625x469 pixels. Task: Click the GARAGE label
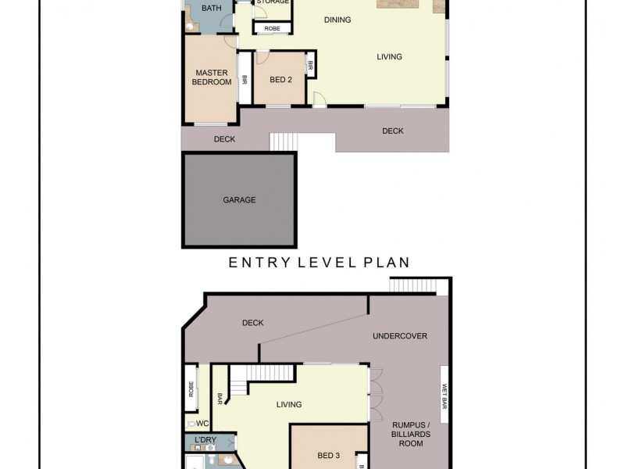239,200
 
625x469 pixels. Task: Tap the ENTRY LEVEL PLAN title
319,263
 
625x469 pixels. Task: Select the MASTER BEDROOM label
212,77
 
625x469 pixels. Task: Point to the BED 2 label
280,80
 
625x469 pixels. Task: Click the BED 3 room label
328,456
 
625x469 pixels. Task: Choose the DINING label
337,20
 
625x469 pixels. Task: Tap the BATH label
212,9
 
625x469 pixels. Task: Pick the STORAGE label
273,2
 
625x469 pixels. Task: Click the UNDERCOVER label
400,336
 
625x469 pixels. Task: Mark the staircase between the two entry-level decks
284,142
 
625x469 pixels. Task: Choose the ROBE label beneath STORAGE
272,28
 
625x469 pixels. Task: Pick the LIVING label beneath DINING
389,56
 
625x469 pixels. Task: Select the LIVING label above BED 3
288,404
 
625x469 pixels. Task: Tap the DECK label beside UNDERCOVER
252,323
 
